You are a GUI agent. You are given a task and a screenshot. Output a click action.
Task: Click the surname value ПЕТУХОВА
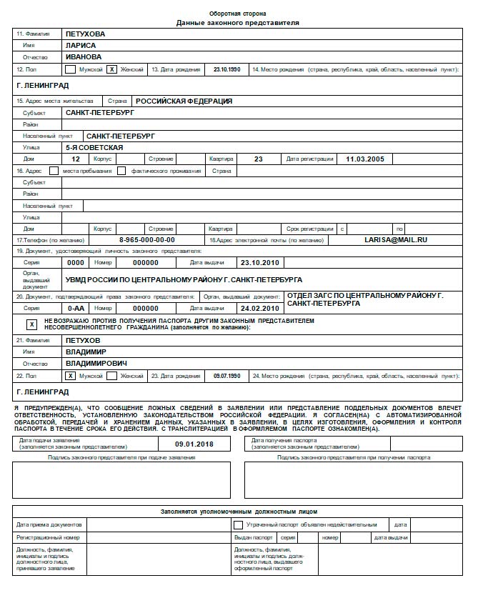[85, 34]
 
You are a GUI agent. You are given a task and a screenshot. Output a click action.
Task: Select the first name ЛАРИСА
[80, 45]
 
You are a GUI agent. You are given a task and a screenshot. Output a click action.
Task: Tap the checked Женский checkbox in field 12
[111, 70]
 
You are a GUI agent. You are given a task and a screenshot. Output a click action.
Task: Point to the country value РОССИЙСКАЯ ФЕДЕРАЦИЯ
[184, 101]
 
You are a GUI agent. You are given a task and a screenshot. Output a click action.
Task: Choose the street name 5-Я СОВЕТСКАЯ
[94, 147]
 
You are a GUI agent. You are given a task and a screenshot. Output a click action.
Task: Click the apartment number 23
[258, 159]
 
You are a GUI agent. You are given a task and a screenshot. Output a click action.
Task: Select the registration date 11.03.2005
[365, 159]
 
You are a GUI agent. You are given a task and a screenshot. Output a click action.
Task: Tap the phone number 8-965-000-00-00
[146, 240]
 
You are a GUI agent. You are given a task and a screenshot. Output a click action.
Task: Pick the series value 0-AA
[76, 308]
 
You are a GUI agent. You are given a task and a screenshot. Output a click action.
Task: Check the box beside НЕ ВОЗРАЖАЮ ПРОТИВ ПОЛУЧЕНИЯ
[31, 324]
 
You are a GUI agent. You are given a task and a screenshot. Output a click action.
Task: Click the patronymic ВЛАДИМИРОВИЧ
[96, 364]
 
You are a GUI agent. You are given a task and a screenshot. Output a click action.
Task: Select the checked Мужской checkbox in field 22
[70, 375]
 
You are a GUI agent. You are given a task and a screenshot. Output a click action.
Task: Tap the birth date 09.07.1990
[227, 375]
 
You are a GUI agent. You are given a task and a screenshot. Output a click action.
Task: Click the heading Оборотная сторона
[237, 14]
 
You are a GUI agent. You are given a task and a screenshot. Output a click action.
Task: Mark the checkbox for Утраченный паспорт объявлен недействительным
[238, 524]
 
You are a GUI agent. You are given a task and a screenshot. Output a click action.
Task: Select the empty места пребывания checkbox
[54, 171]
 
